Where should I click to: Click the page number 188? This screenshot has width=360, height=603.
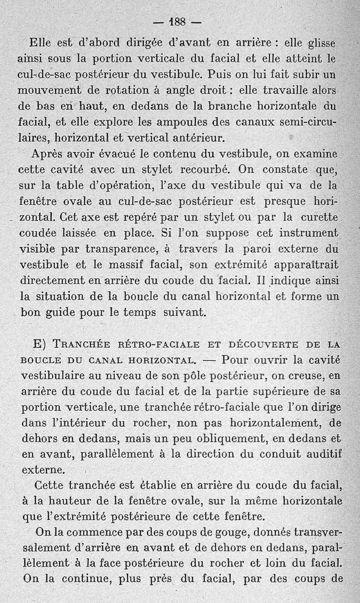click(x=178, y=22)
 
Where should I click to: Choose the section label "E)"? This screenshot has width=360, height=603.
click(x=41, y=344)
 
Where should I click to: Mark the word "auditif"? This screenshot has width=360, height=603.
click(x=321, y=454)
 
